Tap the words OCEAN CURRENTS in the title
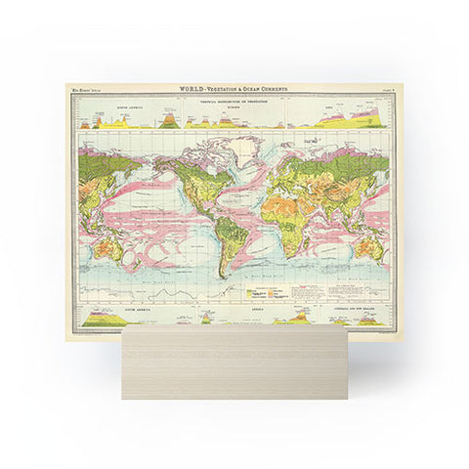[x=256, y=90]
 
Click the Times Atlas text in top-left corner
[x=82, y=92]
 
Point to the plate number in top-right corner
[x=386, y=92]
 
